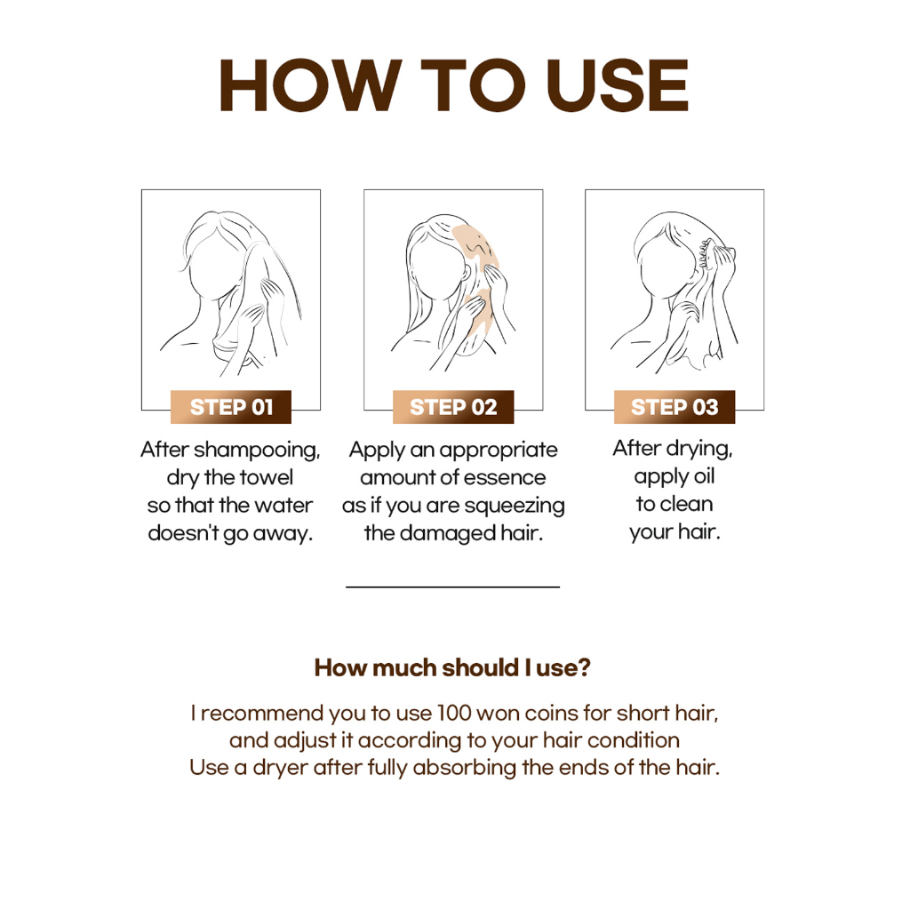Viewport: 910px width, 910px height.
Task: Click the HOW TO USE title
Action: click(x=453, y=86)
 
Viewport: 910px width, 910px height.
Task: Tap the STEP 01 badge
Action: click(x=231, y=407)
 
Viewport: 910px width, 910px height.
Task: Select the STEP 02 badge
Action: click(x=453, y=407)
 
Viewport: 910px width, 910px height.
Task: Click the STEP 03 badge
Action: click(x=675, y=407)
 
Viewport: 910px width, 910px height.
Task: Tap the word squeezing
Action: click(x=518, y=507)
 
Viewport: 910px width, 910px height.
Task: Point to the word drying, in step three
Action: click(x=700, y=450)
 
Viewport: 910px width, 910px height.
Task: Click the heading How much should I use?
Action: click(x=452, y=668)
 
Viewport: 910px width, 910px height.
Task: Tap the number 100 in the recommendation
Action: click(x=455, y=714)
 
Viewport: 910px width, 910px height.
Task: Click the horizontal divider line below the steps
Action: click(x=452, y=587)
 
